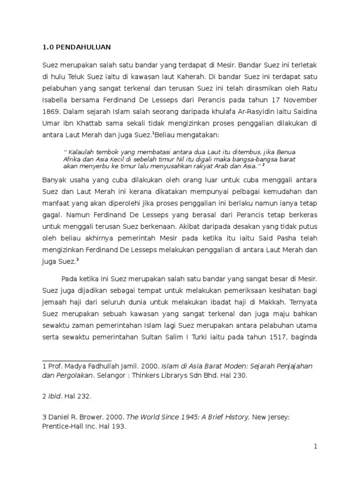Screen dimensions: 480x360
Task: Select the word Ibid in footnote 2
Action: coord(55,397)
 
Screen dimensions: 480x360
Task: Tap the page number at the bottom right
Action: coord(316,446)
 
